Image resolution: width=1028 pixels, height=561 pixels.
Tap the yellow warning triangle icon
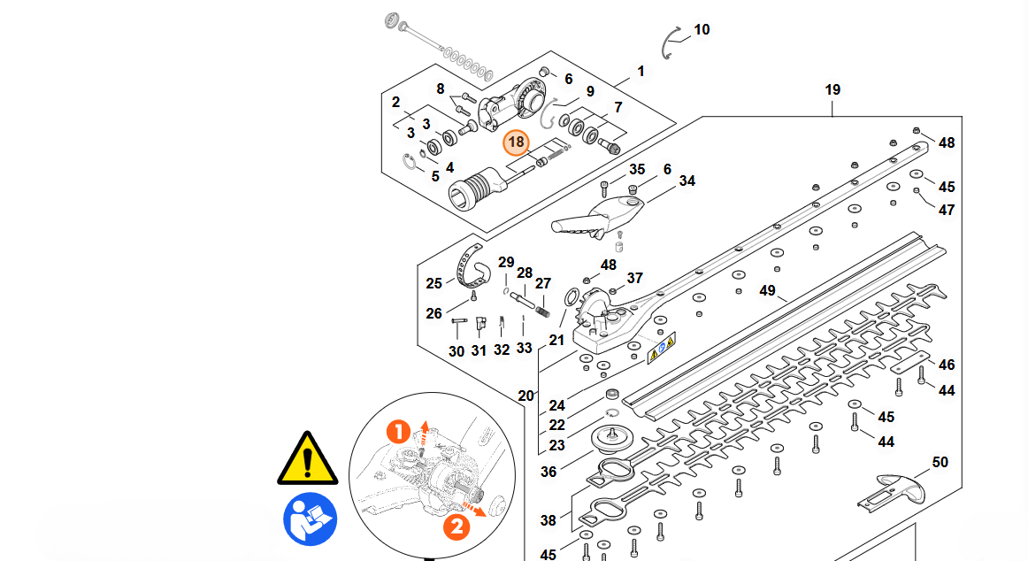point(307,458)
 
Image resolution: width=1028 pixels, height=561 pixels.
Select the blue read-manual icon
point(309,519)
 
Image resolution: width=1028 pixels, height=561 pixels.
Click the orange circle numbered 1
point(399,433)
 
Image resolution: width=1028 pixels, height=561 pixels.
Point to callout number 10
point(702,30)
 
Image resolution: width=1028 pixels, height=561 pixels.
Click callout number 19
point(832,89)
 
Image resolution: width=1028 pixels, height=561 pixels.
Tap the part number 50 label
point(940,463)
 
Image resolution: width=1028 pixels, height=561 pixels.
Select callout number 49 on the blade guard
point(767,290)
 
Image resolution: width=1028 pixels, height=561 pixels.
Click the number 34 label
point(687,181)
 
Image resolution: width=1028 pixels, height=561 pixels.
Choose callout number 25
point(433,284)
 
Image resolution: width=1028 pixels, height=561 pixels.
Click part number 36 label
point(549,472)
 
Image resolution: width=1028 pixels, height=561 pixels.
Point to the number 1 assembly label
point(641,71)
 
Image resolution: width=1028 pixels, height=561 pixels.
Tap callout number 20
point(526,396)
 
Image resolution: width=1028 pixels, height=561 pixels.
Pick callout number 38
point(549,521)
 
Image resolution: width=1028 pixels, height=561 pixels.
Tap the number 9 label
point(589,91)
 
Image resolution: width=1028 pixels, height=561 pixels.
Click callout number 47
point(947,211)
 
